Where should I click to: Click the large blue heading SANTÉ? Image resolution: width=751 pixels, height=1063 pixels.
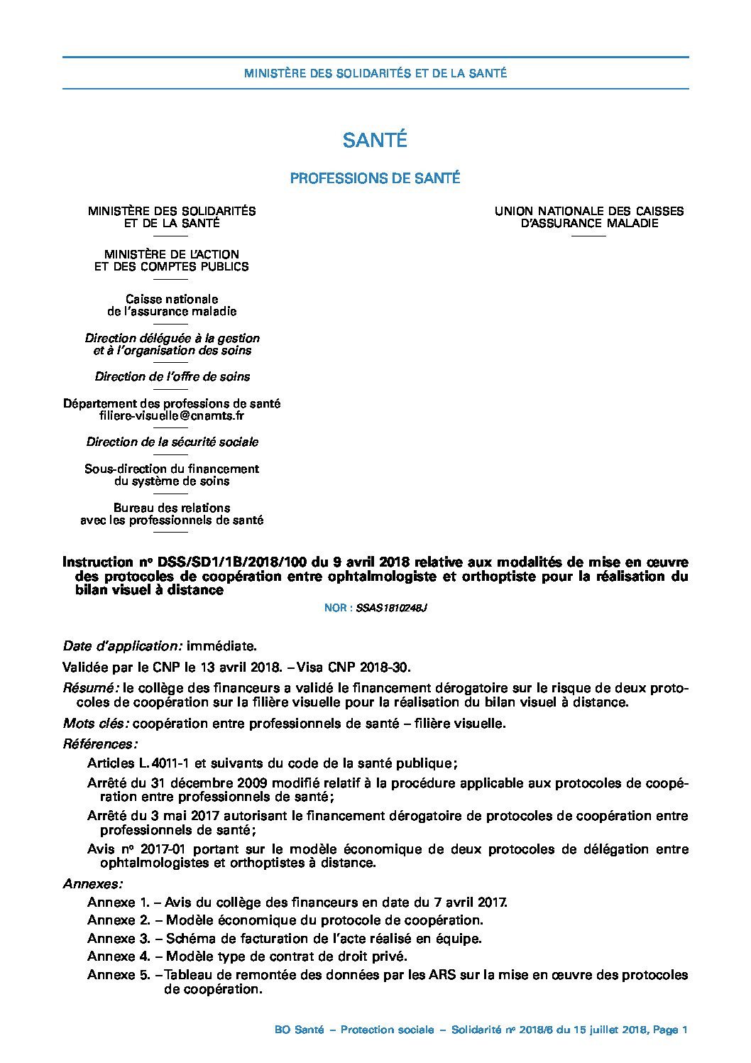tap(375, 141)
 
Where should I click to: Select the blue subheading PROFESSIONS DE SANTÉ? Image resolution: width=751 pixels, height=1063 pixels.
tap(375, 178)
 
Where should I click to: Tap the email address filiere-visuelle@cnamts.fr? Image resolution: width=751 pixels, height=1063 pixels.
tap(172, 416)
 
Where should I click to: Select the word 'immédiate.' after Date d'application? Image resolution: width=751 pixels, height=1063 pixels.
tap(220, 646)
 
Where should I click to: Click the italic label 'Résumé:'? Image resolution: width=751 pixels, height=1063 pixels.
tap(90, 688)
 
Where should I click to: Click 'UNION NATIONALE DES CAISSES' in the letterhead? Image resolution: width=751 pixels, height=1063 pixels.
tap(589, 211)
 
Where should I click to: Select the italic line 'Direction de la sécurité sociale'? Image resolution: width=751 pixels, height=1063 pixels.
tap(172, 442)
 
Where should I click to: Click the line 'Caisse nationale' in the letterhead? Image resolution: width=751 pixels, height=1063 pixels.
tap(172, 299)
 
